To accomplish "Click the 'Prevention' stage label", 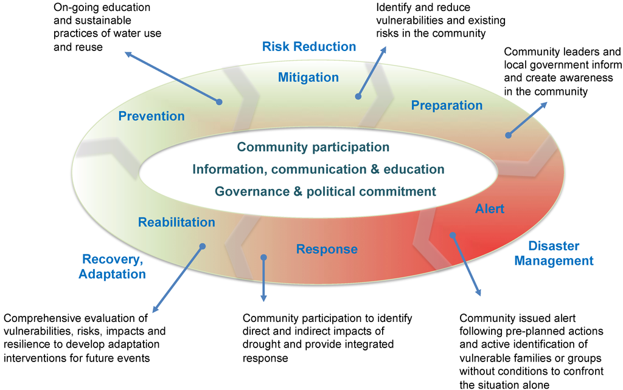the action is [151, 116].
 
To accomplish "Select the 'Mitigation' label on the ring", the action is [308, 77].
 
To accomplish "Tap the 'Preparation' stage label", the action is [447, 106].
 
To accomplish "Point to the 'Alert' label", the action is [490, 209].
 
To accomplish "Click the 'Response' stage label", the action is [327, 249].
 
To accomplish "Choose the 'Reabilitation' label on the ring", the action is [176, 222].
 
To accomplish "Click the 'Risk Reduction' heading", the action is [309, 47].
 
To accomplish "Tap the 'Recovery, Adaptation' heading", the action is [113, 267].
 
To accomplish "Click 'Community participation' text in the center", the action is [313, 147].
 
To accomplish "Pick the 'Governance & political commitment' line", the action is [325, 191].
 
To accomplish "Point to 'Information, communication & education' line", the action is [318, 169].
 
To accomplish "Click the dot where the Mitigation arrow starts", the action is [358, 96].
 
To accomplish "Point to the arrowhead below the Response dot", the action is [263, 298].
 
